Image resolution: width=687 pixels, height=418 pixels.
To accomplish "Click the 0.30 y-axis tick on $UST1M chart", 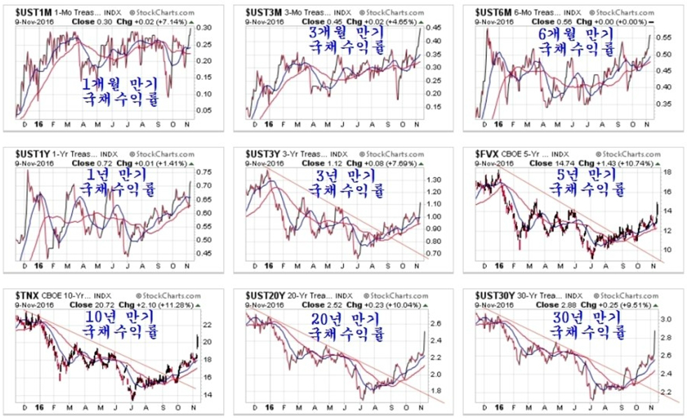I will [x=204, y=27].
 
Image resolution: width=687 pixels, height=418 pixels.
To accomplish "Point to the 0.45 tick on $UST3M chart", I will [x=436, y=27].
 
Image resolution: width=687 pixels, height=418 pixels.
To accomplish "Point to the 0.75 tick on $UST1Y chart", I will [x=204, y=172].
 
